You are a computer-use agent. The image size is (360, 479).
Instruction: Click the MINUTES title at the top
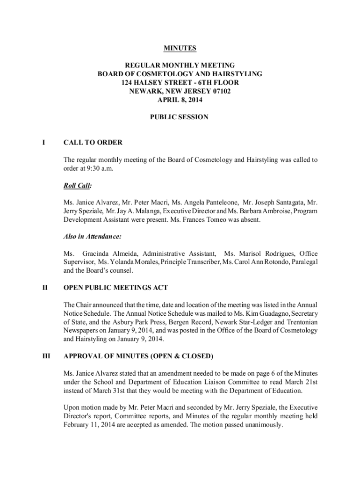tap(180, 48)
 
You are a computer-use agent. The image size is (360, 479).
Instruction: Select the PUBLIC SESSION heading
tap(180, 117)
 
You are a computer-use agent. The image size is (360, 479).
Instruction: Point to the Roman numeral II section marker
tap(44, 287)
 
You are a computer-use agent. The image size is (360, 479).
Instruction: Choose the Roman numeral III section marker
tap(45, 356)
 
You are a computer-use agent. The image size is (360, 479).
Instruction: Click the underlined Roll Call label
tap(78, 186)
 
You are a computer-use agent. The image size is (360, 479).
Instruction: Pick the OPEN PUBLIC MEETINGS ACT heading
tap(115, 287)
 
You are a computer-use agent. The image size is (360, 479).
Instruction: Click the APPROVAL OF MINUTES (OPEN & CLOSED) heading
tap(138, 356)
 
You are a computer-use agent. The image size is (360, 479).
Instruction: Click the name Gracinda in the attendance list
tap(97, 254)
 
